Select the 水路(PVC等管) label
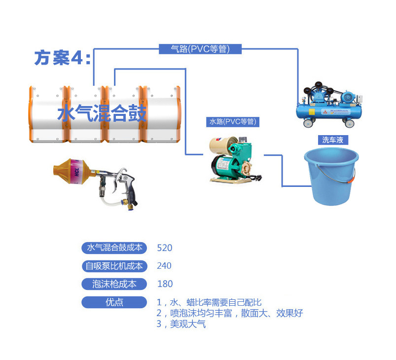click(x=232, y=121)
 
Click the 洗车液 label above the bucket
click(x=332, y=140)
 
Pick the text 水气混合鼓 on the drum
click(x=102, y=114)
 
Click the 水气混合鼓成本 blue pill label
click(x=114, y=248)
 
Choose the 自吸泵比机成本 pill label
click(x=114, y=266)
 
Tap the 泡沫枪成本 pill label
click(x=114, y=284)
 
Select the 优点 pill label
click(x=114, y=302)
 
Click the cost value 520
click(x=164, y=248)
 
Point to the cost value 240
click(x=164, y=266)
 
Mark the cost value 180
click(x=164, y=284)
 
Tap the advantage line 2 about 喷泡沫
click(x=229, y=313)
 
